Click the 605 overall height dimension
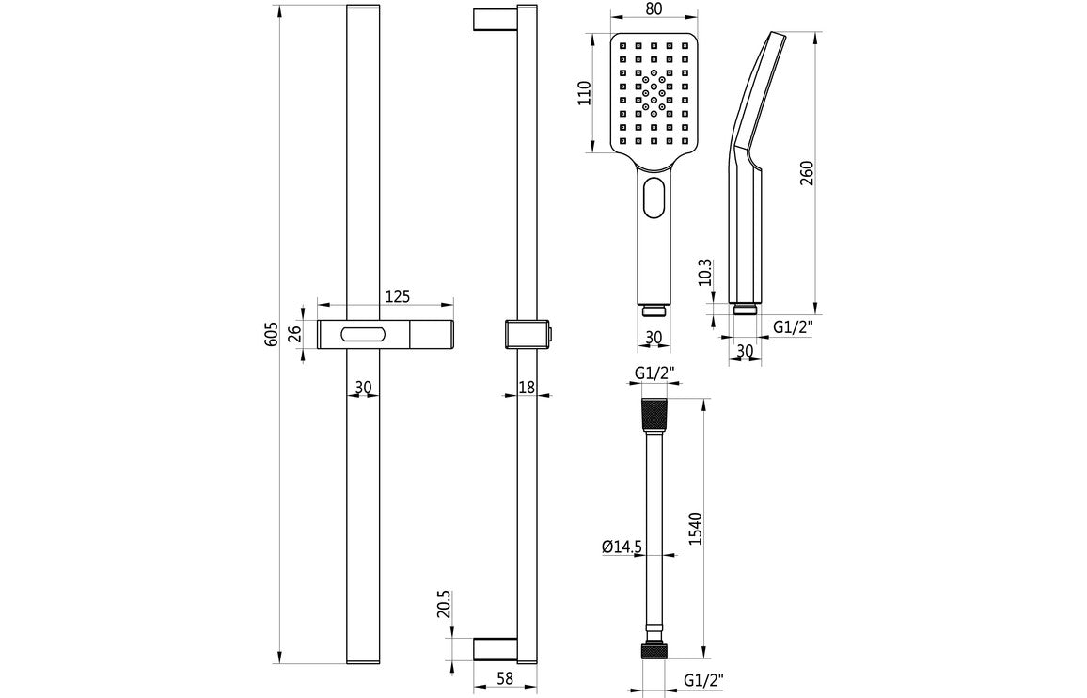pyautogui.click(x=271, y=336)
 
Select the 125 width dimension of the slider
pyautogui.click(x=397, y=296)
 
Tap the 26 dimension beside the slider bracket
pyautogui.click(x=293, y=332)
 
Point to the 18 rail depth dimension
pyautogui.click(x=527, y=387)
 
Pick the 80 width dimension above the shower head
pyautogui.click(x=654, y=9)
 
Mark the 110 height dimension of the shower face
pyautogui.click(x=583, y=94)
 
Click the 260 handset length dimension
pyautogui.click(x=807, y=173)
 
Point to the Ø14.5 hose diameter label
pyautogui.click(x=622, y=546)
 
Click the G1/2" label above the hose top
pyautogui.click(x=654, y=373)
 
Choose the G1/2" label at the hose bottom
pyautogui.click(x=703, y=679)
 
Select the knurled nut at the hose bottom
pyautogui.click(x=654, y=650)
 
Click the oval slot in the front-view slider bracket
pyautogui.click(x=364, y=333)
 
